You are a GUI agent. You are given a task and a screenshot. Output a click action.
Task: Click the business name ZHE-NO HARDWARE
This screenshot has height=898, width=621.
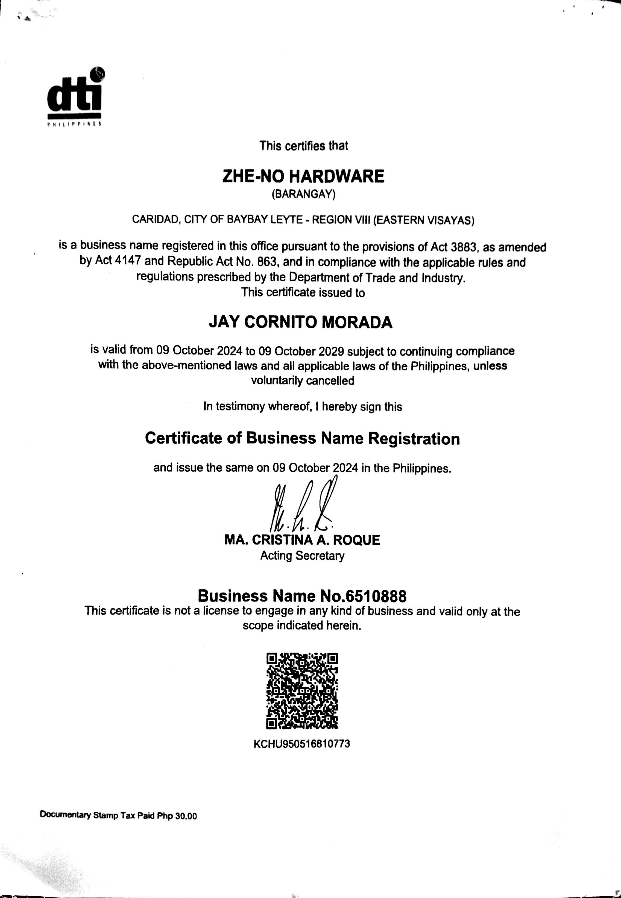[x=303, y=176]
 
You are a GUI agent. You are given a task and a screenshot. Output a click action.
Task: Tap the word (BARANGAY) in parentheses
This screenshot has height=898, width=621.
[x=303, y=194]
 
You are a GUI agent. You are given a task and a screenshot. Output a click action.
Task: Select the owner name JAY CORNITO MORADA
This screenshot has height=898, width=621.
[x=300, y=322]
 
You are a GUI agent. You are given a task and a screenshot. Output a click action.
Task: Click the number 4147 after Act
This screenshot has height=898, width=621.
[x=128, y=261]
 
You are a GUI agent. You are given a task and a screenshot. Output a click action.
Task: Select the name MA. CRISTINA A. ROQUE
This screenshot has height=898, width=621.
[x=302, y=540]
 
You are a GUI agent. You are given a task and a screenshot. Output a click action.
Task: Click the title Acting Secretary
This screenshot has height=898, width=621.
[x=302, y=556]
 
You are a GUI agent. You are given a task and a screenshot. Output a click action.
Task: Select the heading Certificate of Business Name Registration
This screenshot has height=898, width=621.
[x=302, y=439]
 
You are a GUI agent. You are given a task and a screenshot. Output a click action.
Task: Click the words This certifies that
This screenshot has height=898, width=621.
[x=303, y=146]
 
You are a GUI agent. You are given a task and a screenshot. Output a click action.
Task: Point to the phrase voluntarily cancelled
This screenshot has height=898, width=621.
[x=302, y=380]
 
